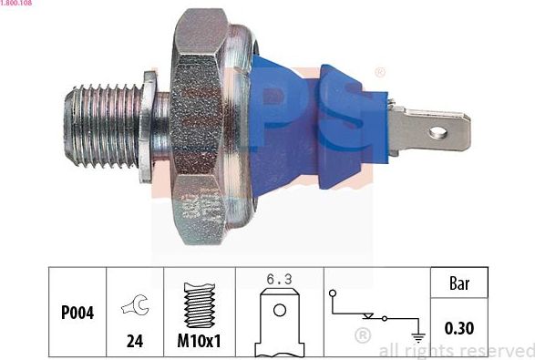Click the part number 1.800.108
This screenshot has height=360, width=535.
pos(17,4)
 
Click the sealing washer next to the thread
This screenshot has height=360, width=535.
pos(148,128)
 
